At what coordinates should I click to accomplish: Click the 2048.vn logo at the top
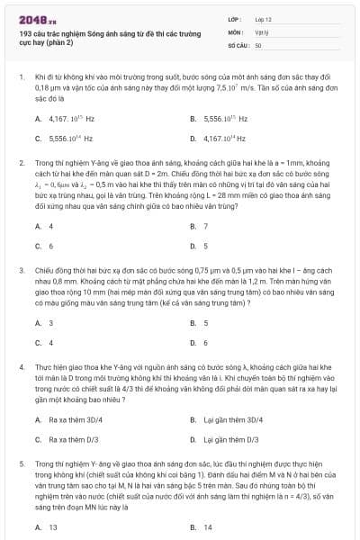click(x=33, y=19)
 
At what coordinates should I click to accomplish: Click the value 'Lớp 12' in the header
click(x=263, y=19)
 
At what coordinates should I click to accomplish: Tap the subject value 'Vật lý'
click(x=260, y=31)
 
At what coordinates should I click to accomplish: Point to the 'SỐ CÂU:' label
click(x=238, y=43)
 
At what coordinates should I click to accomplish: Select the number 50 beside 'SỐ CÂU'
click(x=258, y=43)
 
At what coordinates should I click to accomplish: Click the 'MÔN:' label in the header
click(x=237, y=31)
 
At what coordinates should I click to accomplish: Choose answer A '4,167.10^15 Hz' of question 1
click(x=68, y=118)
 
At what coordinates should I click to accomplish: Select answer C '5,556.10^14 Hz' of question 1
click(x=68, y=139)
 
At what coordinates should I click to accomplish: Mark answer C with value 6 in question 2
click(x=50, y=246)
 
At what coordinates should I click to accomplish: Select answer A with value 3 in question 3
click(x=50, y=322)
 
